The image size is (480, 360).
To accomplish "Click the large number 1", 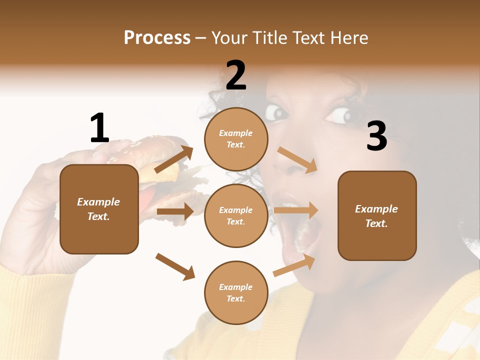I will click(99, 128).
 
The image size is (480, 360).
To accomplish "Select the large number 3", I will click(376, 136).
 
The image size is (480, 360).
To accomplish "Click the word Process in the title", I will click(157, 37).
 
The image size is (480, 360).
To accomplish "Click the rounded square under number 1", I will click(99, 209).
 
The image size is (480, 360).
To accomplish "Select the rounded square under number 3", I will click(377, 215).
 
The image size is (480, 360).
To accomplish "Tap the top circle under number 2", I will click(236, 139).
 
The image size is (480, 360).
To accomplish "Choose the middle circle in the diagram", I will click(236, 215).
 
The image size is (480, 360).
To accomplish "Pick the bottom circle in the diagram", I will click(236, 292).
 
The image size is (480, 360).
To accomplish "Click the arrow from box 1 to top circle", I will click(174, 159).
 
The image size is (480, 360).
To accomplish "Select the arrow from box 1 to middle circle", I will click(175, 211).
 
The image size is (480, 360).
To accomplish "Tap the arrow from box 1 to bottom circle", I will click(175, 266).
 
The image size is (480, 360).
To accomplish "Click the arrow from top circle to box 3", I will click(298, 160).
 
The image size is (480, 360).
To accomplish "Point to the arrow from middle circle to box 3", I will click(296, 210).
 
